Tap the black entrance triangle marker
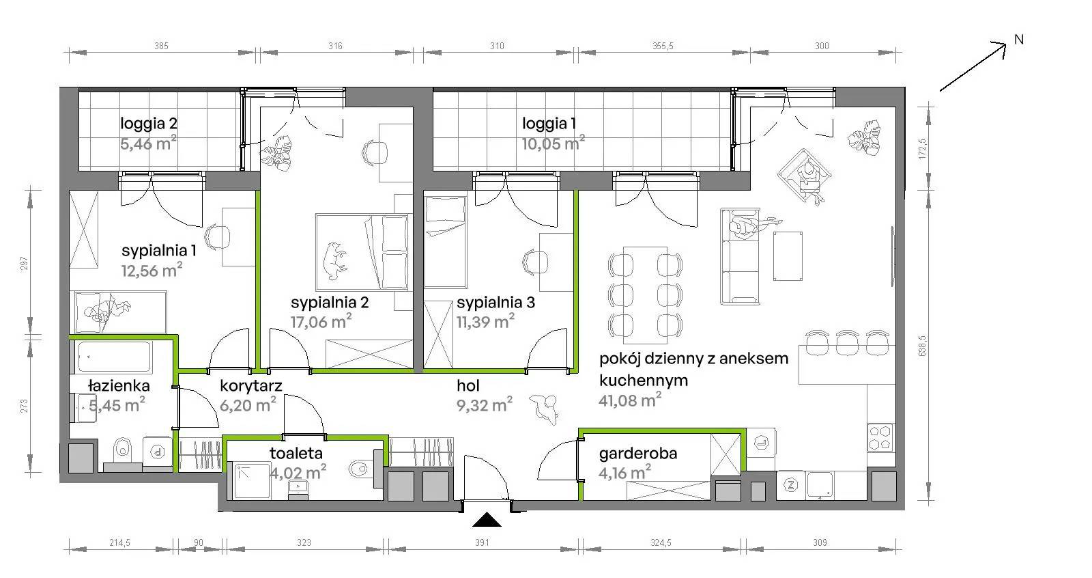[487, 521]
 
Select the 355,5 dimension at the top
[663, 46]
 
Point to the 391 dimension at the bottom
[482, 542]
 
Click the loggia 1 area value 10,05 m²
[553, 143]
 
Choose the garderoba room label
[638, 454]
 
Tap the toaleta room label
[296, 454]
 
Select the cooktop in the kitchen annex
[880, 437]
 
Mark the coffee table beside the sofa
[788, 256]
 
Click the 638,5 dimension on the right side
[922, 345]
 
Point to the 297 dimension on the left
[25, 264]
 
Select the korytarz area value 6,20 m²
[248, 404]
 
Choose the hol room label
[468, 385]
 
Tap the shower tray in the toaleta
[252, 481]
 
